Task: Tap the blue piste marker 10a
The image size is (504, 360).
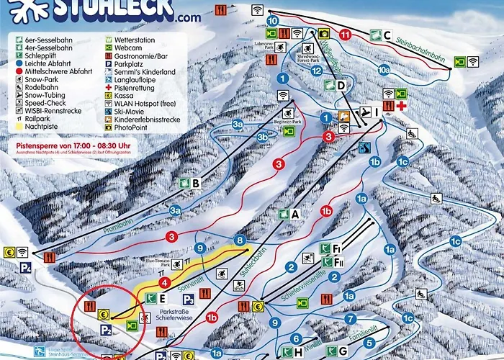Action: pyautogui.click(x=384, y=70)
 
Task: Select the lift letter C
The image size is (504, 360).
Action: pyautogui.click(x=387, y=35)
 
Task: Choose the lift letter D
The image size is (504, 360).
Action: pyautogui.click(x=341, y=85)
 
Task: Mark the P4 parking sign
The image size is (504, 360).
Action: pyautogui.click(x=27, y=268)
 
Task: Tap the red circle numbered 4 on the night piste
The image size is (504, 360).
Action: pyautogui.click(x=164, y=283)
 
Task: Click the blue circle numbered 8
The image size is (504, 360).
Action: pyautogui.click(x=240, y=240)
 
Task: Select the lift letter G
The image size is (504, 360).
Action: pyautogui.click(x=343, y=351)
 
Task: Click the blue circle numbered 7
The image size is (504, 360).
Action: pyautogui.click(x=350, y=318)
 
